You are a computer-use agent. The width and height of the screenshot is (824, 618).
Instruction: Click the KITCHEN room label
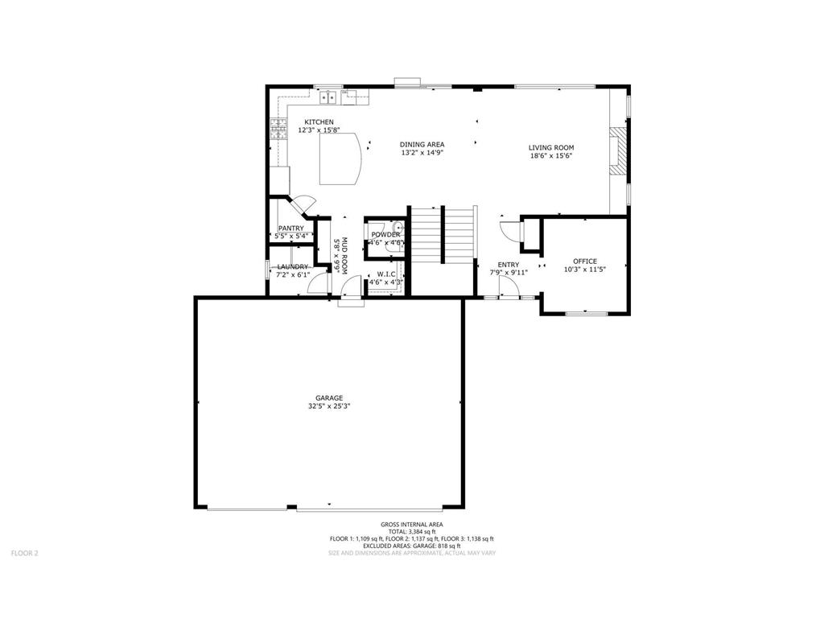(319, 122)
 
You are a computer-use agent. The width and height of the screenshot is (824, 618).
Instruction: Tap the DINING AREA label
(422, 144)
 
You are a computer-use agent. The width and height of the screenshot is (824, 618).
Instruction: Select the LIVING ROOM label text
(550, 147)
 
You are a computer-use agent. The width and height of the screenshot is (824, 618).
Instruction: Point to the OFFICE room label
(585, 262)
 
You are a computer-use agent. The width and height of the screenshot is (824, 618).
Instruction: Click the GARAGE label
(329, 398)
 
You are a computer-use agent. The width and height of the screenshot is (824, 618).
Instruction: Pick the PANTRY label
(290, 229)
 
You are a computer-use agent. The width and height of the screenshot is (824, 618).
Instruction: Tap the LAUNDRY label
(293, 266)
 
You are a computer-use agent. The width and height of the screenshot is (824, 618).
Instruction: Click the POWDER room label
(385, 234)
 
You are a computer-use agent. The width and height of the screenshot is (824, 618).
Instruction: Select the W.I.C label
(385, 274)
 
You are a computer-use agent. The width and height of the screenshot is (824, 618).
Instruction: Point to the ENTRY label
(508, 265)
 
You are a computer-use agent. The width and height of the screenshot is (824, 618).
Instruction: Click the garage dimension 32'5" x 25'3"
(329, 406)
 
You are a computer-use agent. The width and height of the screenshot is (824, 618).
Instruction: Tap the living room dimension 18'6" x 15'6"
(550, 156)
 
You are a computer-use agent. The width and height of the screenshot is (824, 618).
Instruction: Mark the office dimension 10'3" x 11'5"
(585, 270)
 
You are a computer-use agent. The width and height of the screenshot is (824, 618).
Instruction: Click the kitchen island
(340, 159)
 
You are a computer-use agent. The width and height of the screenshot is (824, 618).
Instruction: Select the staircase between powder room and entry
(443, 233)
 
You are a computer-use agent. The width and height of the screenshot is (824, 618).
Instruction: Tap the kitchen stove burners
(278, 129)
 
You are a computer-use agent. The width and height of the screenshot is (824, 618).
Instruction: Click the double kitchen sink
(328, 98)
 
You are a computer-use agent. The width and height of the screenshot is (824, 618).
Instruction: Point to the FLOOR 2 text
(24, 553)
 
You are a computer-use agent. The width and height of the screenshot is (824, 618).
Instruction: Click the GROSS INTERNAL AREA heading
(411, 525)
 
